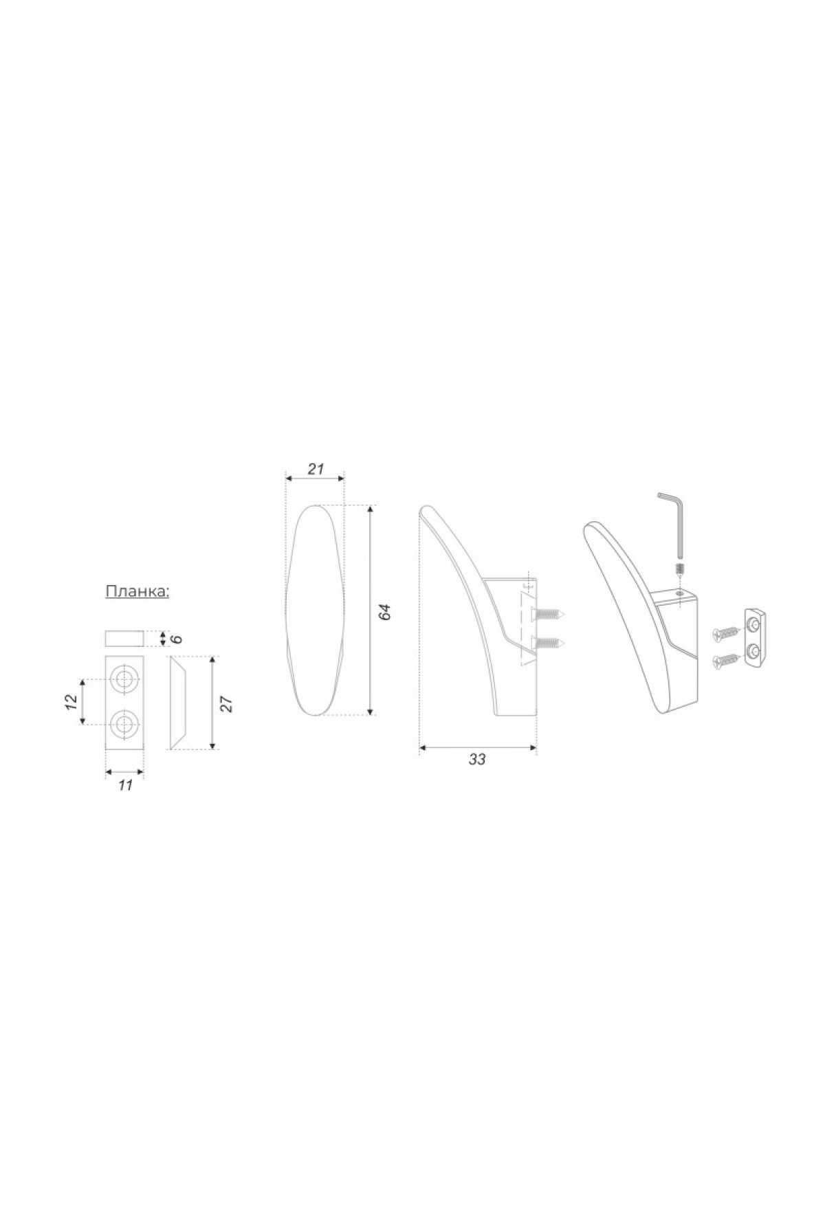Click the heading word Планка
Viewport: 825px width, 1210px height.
pyautogui.click(x=137, y=592)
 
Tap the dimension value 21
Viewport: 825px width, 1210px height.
pyautogui.click(x=316, y=470)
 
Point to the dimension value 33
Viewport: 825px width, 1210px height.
pyautogui.click(x=477, y=760)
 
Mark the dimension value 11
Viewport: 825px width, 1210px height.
pyautogui.click(x=124, y=785)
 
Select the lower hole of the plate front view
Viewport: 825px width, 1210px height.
pyautogui.click(x=124, y=723)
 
